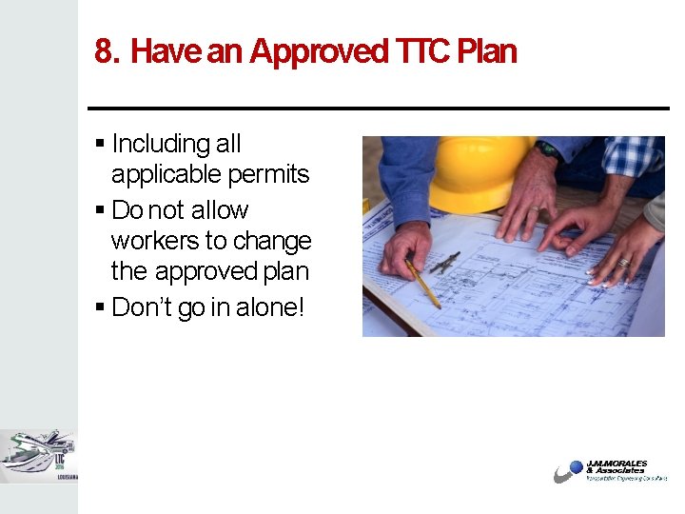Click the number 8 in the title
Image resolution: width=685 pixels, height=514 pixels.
(x=104, y=51)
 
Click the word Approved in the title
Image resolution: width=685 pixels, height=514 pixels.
(x=317, y=51)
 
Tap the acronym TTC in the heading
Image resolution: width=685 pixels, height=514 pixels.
(x=420, y=51)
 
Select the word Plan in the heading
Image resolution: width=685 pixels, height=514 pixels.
(x=486, y=51)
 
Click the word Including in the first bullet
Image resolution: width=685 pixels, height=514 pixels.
(x=161, y=144)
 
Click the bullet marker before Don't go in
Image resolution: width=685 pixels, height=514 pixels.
(x=100, y=308)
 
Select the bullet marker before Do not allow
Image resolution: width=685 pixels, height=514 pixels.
(x=100, y=210)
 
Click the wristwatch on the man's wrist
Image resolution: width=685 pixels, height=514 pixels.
(x=547, y=149)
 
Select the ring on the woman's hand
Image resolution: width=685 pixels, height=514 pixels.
(x=624, y=262)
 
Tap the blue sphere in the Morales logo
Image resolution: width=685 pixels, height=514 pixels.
(x=574, y=468)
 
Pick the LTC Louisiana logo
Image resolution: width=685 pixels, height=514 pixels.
(x=38, y=456)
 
